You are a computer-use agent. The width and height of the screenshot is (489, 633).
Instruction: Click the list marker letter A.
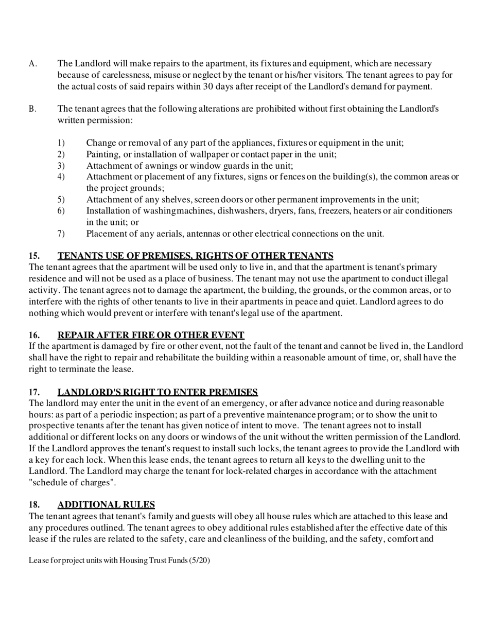pyautogui.click(x=32, y=64)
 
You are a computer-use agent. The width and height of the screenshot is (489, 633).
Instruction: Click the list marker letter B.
pyautogui.click(x=32, y=109)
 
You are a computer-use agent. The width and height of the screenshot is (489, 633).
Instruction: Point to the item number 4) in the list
pyautogui.click(x=61, y=177)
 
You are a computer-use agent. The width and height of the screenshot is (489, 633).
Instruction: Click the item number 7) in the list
pyautogui.click(x=61, y=234)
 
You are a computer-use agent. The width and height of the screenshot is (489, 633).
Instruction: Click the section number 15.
pyautogui.click(x=34, y=256)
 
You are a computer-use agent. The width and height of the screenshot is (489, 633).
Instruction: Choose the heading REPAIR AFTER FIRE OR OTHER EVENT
pyautogui.click(x=151, y=335)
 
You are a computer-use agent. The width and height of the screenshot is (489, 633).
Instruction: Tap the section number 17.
pyautogui.click(x=34, y=392)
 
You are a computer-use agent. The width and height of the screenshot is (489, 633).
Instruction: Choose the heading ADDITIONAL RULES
pyautogui.click(x=106, y=505)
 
